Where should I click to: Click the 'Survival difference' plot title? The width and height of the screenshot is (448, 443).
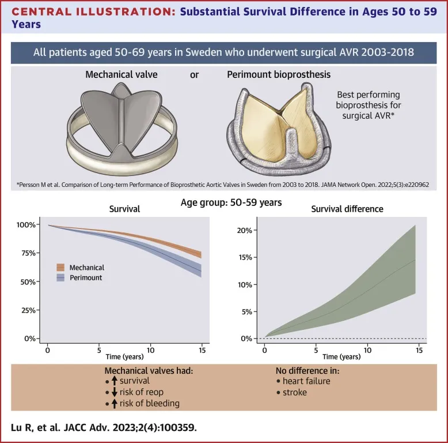(x=347, y=209)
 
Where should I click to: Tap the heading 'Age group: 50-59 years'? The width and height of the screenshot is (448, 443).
(x=224, y=202)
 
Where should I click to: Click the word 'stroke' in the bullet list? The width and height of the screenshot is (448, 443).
(x=295, y=392)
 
